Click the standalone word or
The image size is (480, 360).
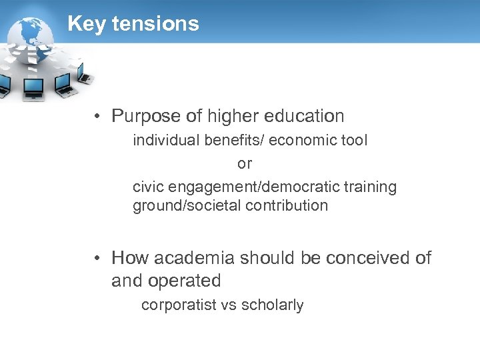click(x=245, y=163)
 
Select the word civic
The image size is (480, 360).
click(x=148, y=187)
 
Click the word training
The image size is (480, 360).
click(x=370, y=187)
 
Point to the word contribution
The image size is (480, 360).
click(x=287, y=205)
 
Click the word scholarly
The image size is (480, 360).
click(x=272, y=305)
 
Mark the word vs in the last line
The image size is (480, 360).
click(x=229, y=305)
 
